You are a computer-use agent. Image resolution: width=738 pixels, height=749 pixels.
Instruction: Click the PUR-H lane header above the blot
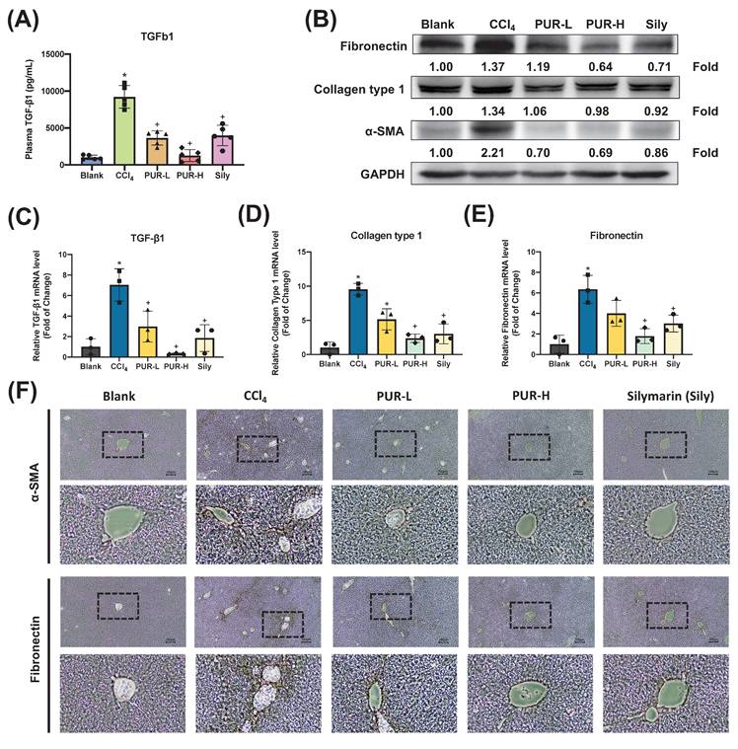pos(605,23)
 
